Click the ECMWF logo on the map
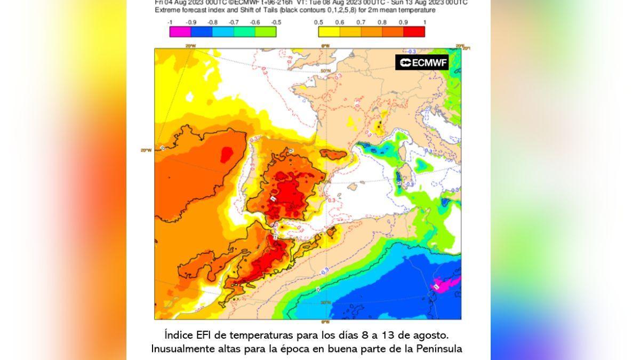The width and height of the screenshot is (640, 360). coord(422,62)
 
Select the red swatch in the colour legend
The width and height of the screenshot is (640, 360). coord(414,32)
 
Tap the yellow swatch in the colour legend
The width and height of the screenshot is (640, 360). coord(329,32)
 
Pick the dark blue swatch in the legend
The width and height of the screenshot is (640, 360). coord(201,32)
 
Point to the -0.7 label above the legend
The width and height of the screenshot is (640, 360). coord(234,22)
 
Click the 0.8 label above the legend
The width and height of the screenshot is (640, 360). coord(382,22)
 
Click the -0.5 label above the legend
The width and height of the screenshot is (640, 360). coord(276,22)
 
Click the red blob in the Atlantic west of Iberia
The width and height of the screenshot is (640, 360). coord(227,155)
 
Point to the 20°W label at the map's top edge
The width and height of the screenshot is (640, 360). coord(190,46)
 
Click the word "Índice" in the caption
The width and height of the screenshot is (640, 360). coord(178,335)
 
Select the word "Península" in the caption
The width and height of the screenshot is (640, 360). coord(438,349)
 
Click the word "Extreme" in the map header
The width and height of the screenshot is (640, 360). coord(167,10)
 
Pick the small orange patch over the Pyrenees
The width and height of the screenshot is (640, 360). coord(334,154)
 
